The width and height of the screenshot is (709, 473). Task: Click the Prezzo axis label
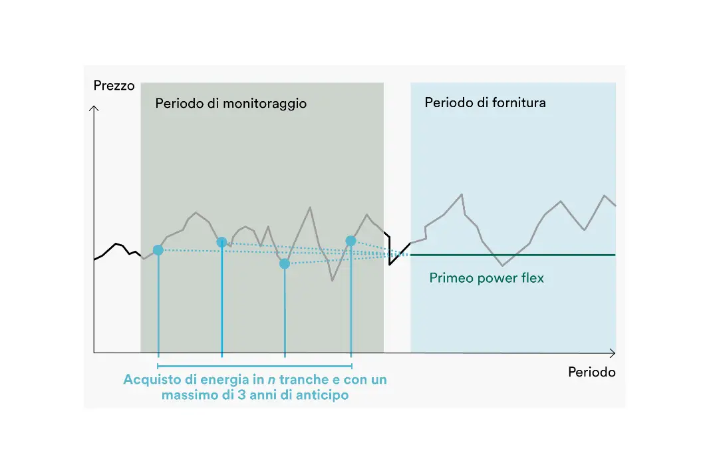114,86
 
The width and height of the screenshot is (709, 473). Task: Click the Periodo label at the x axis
591,372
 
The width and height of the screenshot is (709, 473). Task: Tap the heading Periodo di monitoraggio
231,104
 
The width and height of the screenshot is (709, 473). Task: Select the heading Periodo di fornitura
485,102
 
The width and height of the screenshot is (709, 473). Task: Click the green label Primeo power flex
487,278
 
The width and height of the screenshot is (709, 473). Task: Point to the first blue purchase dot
158,250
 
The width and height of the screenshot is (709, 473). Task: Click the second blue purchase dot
221,242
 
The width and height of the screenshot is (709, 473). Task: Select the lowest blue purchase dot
285,263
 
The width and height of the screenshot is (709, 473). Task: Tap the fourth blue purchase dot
351,241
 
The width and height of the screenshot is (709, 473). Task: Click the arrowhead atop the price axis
94,108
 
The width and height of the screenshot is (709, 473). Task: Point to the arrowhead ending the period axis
613,353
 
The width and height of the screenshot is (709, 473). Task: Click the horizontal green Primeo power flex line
513,255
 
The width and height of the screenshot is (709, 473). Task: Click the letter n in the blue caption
271,381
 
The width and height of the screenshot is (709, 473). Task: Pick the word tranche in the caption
304,379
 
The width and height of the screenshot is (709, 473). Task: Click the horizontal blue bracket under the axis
255,366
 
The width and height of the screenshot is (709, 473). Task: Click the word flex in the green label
532,277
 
